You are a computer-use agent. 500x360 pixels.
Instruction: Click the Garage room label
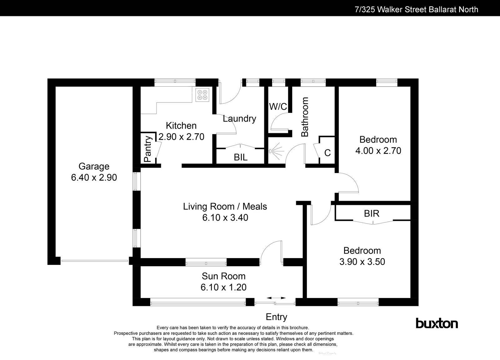(x=94, y=166)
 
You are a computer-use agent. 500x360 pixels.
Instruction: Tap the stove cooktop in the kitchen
(x=202, y=95)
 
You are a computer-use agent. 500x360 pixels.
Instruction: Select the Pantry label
(x=148, y=148)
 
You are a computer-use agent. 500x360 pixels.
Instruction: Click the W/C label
(x=278, y=107)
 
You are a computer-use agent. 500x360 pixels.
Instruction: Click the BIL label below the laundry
(x=241, y=157)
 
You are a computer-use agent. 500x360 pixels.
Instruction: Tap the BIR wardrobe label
(x=372, y=213)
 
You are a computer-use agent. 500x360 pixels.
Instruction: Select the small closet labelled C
(x=327, y=153)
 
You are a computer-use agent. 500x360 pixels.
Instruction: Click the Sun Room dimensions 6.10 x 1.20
(x=223, y=287)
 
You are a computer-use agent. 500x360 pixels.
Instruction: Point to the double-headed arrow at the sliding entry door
(x=276, y=298)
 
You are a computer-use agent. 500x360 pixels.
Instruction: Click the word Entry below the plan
(x=276, y=317)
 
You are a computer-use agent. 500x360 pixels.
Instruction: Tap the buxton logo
(x=437, y=323)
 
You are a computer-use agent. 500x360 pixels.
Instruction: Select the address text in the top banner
(x=416, y=9)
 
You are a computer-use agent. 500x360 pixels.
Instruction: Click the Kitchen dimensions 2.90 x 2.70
(x=181, y=137)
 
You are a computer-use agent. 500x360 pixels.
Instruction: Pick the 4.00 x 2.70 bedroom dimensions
(x=378, y=151)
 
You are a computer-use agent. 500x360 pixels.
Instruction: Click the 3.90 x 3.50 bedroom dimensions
(x=362, y=261)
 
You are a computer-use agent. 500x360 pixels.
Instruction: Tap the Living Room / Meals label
(x=225, y=206)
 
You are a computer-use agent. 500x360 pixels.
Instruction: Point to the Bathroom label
(x=305, y=117)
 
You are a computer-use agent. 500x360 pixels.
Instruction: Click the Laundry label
(x=239, y=119)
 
